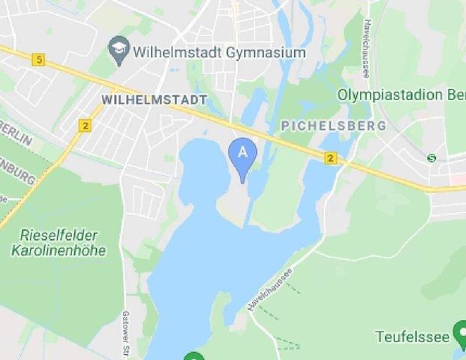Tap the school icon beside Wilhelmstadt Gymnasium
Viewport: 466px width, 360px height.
click(118, 51)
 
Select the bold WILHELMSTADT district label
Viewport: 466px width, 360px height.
click(154, 100)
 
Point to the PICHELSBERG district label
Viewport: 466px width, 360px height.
click(333, 125)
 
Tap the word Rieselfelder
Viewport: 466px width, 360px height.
click(59, 235)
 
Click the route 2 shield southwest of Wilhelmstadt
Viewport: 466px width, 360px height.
click(85, 125)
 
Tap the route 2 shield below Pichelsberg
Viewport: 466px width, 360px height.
click(331, 158)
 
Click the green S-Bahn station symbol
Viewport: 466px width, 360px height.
click(431, 157)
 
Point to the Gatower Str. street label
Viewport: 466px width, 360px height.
click(125, 334)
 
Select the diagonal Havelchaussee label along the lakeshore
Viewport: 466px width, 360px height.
click(269, 289)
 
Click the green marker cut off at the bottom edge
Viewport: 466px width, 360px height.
click(194, 356)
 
